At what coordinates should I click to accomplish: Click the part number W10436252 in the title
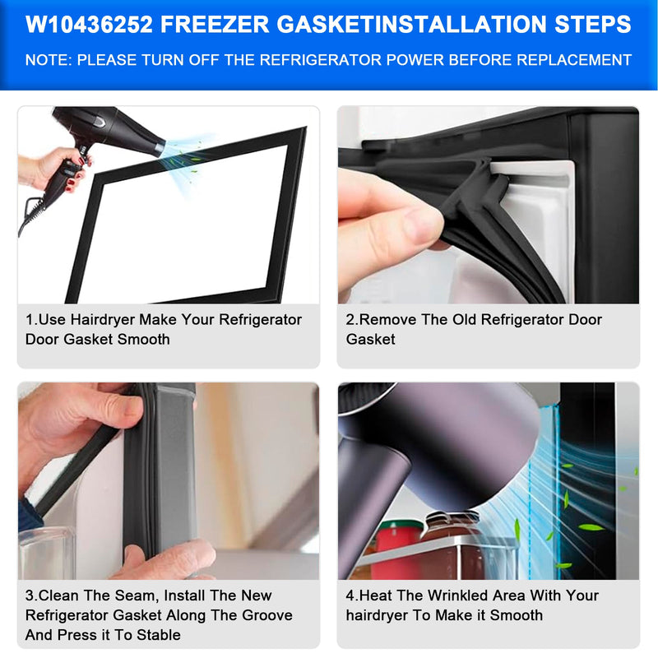89,24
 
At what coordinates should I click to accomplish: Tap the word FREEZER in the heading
215,24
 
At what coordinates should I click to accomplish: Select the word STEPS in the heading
593,24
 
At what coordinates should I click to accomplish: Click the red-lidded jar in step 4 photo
397,545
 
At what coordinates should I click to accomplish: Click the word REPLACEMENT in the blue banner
573,60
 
